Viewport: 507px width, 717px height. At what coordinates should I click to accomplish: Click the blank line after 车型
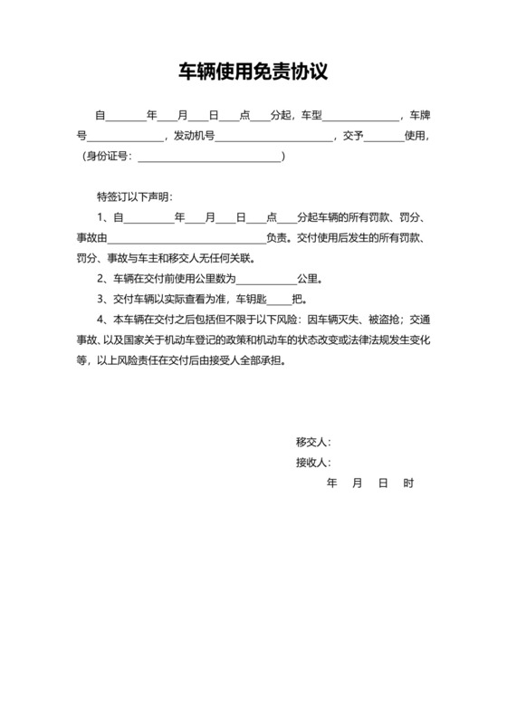[361, 117]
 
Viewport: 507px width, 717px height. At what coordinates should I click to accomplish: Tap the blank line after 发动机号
[273, 138]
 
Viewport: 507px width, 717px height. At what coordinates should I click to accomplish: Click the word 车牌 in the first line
[419, 116]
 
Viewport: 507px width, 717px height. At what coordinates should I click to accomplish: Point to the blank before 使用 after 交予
[384, 138]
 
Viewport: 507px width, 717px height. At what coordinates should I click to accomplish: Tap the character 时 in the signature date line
[408, 483]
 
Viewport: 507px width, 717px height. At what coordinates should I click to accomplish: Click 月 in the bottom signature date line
[357, 483]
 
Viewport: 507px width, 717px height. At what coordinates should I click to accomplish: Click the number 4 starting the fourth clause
[100, 320]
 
